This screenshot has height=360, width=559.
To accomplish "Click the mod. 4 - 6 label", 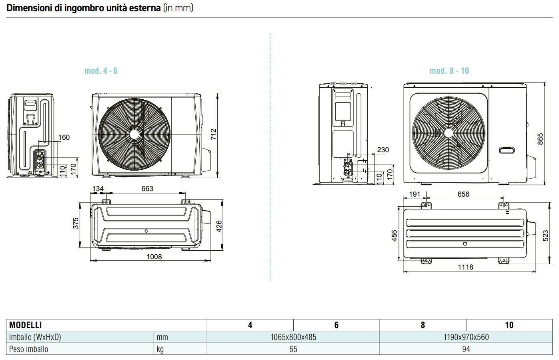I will [101, 71].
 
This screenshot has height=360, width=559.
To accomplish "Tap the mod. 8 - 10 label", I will [449, 71].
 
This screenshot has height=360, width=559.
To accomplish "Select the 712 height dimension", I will [213, 134].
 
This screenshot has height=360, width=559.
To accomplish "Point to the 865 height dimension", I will [540, 139].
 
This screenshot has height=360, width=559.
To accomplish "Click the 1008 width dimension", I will [154, 256].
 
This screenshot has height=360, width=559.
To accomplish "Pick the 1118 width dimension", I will [465, 267].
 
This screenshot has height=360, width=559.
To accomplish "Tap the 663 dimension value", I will [147, 189].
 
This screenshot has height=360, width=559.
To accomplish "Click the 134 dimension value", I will [98, 189].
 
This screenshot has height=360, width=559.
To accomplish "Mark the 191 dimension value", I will [415, 194].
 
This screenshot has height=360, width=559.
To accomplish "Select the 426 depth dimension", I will [218, 226].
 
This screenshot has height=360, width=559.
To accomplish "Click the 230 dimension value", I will [383, 150].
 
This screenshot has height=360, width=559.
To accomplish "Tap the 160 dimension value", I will [64, 137].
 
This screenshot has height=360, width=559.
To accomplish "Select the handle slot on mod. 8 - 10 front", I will [507, 150].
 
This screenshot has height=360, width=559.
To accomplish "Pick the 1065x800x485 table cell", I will [293, 337].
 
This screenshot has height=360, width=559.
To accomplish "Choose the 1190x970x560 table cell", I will [466, 337].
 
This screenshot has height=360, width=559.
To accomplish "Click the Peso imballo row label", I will [29, 349].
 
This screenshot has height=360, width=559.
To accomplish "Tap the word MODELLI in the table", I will [26, 325].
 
